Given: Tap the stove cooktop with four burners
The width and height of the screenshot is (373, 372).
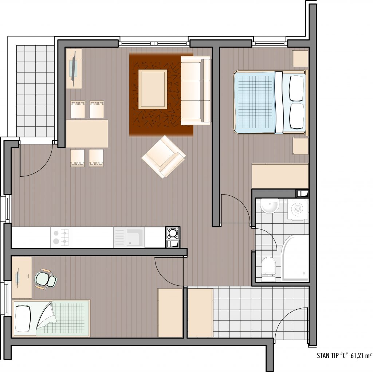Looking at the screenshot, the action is click(x=61, y=237).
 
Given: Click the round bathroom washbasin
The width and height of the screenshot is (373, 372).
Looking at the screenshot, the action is click(x=270, y=205).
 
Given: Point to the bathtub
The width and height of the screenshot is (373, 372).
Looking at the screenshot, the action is click(x=295, y=258).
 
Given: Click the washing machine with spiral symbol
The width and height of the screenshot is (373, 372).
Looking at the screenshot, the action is click(x=298, y=209).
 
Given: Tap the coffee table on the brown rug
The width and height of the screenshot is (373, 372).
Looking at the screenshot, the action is click(x=153, y=89).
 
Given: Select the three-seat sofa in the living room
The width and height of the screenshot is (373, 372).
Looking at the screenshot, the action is click(x=195, y=90).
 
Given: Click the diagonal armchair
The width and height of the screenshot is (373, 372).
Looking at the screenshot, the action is click(x=164, y=157).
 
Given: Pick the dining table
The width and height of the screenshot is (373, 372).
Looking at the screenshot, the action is click(x=87, y=134).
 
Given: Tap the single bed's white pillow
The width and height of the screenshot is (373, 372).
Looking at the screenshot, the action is click(x=23, y=319).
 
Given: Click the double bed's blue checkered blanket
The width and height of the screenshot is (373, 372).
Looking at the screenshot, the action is click(x=255, y=102).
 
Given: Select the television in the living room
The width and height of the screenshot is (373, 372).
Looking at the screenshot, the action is click(x=74, y=68).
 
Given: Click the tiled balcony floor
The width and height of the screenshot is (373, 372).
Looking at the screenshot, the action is click(x=35, y=91).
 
